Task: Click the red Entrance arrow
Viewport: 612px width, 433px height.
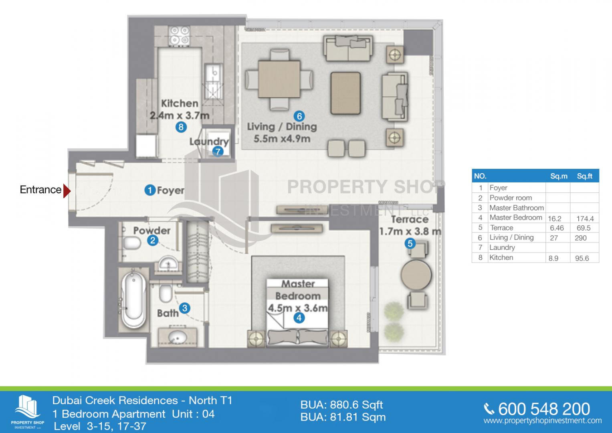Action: coord(67,190)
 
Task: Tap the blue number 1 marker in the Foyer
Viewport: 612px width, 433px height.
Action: coord(150,190)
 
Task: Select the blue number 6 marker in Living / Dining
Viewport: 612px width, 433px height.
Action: coord(299,116)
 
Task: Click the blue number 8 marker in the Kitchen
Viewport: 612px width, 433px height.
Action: coord(181,127)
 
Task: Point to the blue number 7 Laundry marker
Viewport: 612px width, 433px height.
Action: coord(218,152)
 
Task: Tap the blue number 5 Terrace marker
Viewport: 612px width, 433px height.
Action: coord(410,243)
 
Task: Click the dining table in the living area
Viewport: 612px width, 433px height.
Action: coord(279,79)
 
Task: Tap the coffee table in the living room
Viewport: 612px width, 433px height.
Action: coord(345,93)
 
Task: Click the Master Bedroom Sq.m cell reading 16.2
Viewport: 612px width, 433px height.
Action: coord(555,219)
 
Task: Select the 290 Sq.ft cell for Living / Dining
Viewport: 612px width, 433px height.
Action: coord(580,238)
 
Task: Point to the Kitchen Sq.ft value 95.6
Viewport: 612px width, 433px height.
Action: coord(582,258)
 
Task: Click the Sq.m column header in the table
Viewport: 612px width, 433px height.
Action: coord(559,176)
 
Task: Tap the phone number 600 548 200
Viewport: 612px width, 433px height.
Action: coord(543,409)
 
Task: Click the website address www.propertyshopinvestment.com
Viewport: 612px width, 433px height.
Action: coord(542,421)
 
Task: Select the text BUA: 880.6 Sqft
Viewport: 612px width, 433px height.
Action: coord(341,405)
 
